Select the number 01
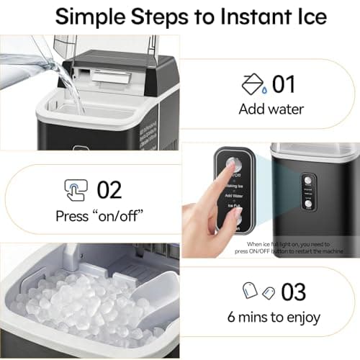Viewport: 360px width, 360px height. click(x=283, y=84)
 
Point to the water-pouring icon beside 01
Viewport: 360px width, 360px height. click(x=251, y=85)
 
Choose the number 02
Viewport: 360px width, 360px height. click(x=109, y=190)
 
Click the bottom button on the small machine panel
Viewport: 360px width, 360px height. click(x=307, y=204)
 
